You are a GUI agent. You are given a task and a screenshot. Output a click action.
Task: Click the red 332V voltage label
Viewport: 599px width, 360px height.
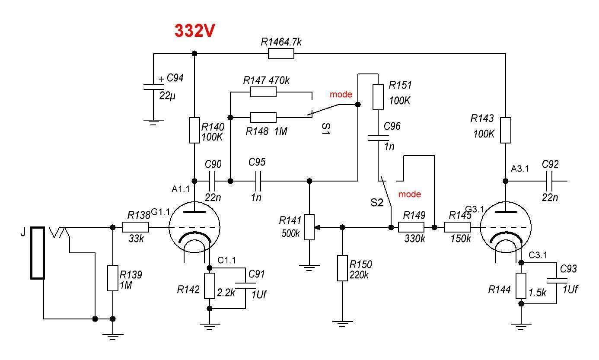[x=194, y=31]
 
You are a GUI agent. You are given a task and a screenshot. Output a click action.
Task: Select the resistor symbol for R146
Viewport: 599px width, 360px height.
[x=281, y=54]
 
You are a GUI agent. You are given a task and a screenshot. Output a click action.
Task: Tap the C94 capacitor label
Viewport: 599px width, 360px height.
[x=175, y=78]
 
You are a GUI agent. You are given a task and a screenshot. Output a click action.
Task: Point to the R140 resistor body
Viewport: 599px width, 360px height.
[x=194, y=130]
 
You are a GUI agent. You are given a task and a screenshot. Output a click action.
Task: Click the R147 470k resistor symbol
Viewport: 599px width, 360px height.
[x=263, y=92]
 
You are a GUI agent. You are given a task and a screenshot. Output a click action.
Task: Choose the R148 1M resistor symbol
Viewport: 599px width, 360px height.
[x=263, y=117]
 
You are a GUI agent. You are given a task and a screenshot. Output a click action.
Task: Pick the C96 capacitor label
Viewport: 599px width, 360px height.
[x=392, y=127]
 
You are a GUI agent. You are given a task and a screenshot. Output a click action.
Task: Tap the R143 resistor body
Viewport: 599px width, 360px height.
[x=506, y=130]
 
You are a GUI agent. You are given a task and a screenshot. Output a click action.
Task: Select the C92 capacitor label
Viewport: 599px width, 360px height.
[x=550, y=164]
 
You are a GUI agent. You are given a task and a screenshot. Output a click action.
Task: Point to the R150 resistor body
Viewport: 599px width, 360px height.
[x=342, y=268]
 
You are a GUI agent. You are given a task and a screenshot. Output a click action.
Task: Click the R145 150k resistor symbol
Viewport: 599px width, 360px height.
[x=457, y=227]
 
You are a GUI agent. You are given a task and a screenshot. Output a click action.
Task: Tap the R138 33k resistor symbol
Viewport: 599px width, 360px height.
[x=136, y=227]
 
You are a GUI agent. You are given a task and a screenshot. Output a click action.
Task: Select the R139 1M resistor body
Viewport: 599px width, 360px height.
[x=112, y=278]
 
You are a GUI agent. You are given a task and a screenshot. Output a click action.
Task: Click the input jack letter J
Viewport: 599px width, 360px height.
[x=23, y=233]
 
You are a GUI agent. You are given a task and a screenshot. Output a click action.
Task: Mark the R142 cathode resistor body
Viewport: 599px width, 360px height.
[x=210, y=286]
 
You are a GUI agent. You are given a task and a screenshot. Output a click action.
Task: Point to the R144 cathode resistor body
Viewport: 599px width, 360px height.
[x=521, y=285]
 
